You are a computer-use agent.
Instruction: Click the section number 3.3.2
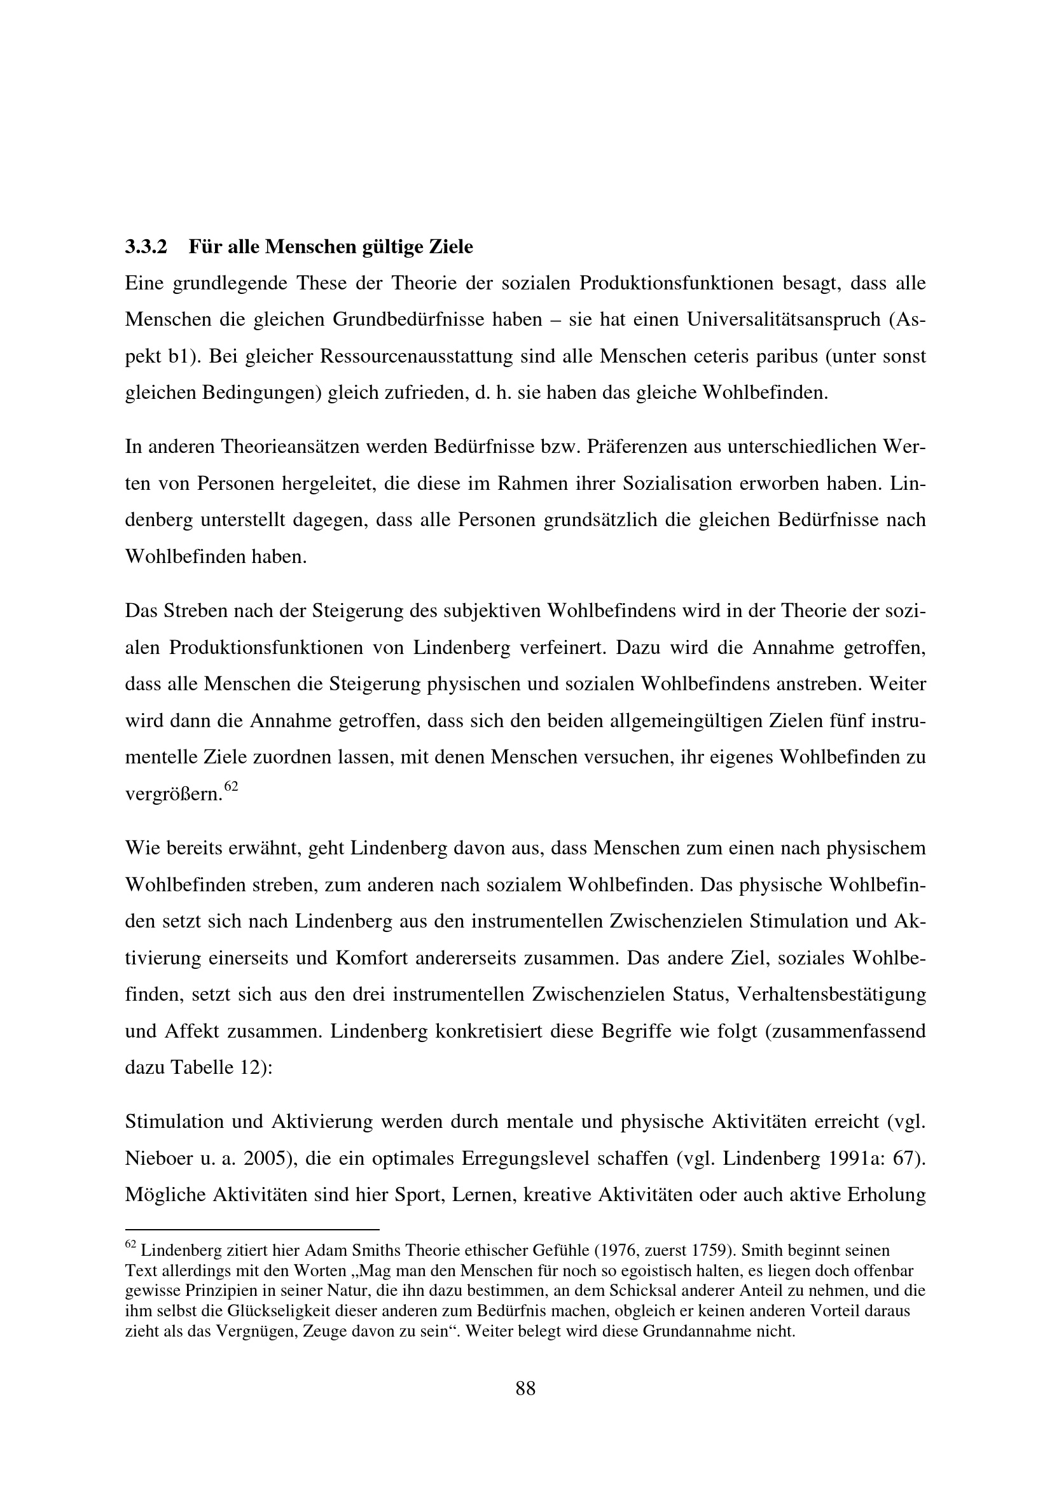(146, 247)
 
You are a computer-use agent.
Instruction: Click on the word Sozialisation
(682, 483)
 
